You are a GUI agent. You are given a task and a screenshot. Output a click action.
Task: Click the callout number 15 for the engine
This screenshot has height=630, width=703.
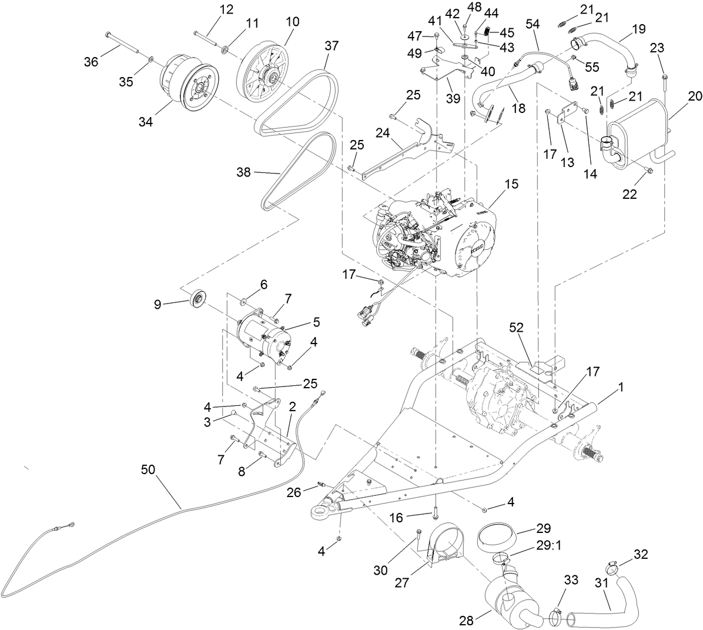(x=511, y=184)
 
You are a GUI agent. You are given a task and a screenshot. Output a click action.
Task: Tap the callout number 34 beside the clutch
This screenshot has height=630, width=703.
(x=145, y=122)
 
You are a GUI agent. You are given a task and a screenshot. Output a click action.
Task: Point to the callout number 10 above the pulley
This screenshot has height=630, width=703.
(x=292, y=22)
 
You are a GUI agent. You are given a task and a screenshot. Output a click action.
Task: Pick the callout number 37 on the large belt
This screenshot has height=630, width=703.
(x=332, y=45)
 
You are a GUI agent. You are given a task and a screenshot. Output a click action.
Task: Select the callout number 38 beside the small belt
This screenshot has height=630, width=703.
(x=243, y=172)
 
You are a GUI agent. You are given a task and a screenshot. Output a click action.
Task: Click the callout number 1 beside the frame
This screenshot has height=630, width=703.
(x=621, y=388)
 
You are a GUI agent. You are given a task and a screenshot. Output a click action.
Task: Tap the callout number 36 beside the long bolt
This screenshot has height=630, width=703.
(x=91, y=62)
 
